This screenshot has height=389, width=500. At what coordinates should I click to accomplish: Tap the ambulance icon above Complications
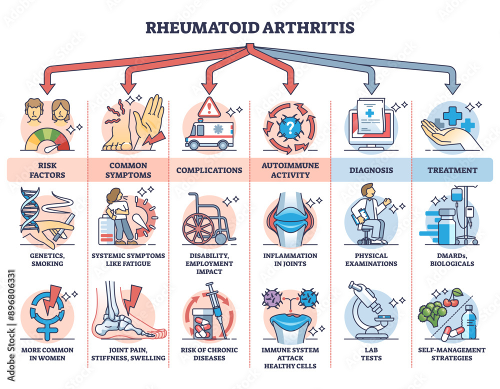tap(209, 136)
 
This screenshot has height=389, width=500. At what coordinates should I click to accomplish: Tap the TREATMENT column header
tap(452, 170)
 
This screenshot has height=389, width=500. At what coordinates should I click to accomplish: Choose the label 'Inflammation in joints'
tap(290, 259)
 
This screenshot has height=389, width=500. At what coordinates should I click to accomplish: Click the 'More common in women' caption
tap(47, 353)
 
